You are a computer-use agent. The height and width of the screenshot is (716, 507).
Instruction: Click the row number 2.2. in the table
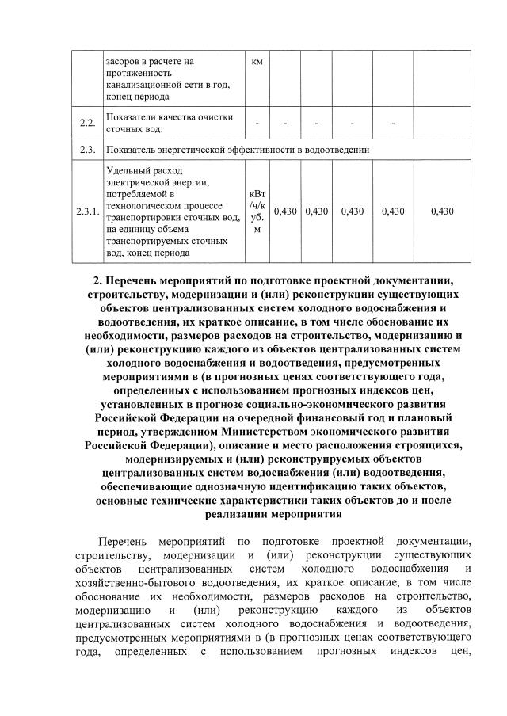(x=88, y=123)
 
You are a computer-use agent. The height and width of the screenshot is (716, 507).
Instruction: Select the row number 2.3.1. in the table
(x=88, y=211)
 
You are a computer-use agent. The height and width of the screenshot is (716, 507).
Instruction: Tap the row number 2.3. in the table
(x=88, y=149)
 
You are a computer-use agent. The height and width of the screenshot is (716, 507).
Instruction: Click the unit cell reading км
(x=257, y=61)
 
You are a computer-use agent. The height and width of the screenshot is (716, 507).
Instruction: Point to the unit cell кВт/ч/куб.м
(x=257, y=211)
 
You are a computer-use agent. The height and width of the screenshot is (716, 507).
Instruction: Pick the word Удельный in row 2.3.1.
(x=128, y=170)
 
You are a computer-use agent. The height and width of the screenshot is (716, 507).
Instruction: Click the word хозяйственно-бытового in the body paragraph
(x=134, y=583)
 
